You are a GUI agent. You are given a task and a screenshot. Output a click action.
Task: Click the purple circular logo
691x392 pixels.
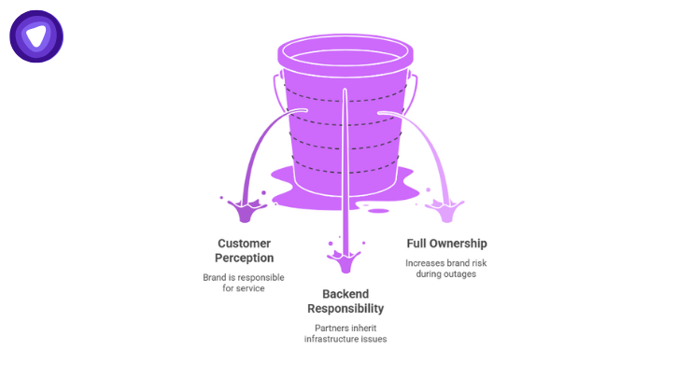36,36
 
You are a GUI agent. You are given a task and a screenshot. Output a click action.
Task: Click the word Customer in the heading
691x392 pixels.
244,243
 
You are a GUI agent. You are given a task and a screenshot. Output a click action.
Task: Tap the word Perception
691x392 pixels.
244,258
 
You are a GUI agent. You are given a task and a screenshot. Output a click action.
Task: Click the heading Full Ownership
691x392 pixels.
446,244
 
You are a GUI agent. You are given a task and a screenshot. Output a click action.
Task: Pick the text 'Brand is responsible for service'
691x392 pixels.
244,284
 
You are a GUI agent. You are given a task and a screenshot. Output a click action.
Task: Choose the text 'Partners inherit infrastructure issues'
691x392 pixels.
345,333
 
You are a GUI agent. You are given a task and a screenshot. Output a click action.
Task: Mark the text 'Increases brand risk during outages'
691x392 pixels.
446,268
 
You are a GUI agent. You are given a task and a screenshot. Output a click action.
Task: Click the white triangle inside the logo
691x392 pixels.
36,35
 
